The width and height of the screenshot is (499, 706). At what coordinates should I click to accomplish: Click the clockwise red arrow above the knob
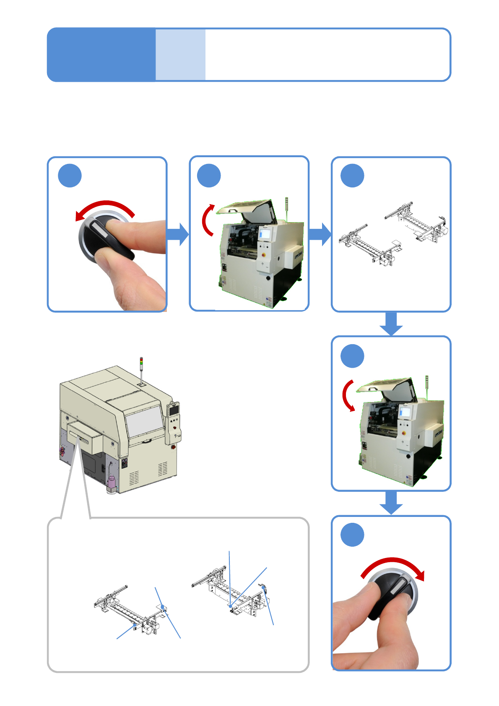(x=393, y=564)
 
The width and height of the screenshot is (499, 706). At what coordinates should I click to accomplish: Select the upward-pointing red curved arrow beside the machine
(x=208, y=220)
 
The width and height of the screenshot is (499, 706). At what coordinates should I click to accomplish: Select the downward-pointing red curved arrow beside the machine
(x=348, y=396)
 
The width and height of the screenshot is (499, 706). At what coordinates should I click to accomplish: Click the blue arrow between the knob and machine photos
(x=178, y=234)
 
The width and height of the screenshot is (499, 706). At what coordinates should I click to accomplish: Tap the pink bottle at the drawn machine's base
(x=112, y=482)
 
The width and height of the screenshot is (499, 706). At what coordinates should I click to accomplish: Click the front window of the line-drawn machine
(x=144, y=421)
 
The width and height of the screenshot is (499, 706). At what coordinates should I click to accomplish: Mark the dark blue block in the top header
(x=101, y=55)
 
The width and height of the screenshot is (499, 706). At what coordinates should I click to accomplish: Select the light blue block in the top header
(x=180, y=55)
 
